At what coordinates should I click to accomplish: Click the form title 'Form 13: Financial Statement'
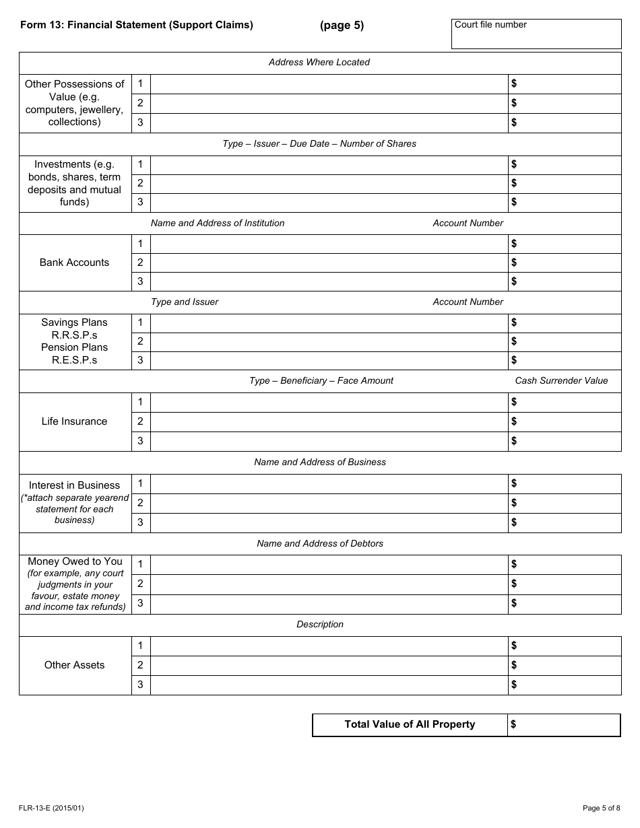(137, 26)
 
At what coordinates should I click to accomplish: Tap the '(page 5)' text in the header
(342, 26)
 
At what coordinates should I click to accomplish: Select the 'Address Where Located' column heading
(319, 63)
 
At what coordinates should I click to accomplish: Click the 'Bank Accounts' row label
(74, 263)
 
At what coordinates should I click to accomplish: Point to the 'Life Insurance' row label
(74, 421)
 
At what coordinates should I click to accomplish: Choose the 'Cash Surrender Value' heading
(561, 381)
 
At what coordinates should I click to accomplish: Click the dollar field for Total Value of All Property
(564, 725)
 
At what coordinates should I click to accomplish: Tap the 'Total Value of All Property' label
(410, 725)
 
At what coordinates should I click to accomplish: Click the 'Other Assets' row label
(74, 665)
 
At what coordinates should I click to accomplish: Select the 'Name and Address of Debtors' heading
(320, 544)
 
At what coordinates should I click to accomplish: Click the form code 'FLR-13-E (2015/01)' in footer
(53, 808)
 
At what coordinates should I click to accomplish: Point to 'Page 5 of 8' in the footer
(601, 808)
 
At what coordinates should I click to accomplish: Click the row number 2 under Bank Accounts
(140, 263)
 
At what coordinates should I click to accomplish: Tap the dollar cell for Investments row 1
(564, 164)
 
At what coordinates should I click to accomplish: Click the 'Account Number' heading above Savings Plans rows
(468, 302)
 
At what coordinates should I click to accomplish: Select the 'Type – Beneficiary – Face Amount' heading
(321, 381)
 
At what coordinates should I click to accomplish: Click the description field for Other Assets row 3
(329, 685)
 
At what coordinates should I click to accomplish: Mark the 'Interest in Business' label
(74, 485)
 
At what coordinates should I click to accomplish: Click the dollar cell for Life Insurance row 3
(564, 442)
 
